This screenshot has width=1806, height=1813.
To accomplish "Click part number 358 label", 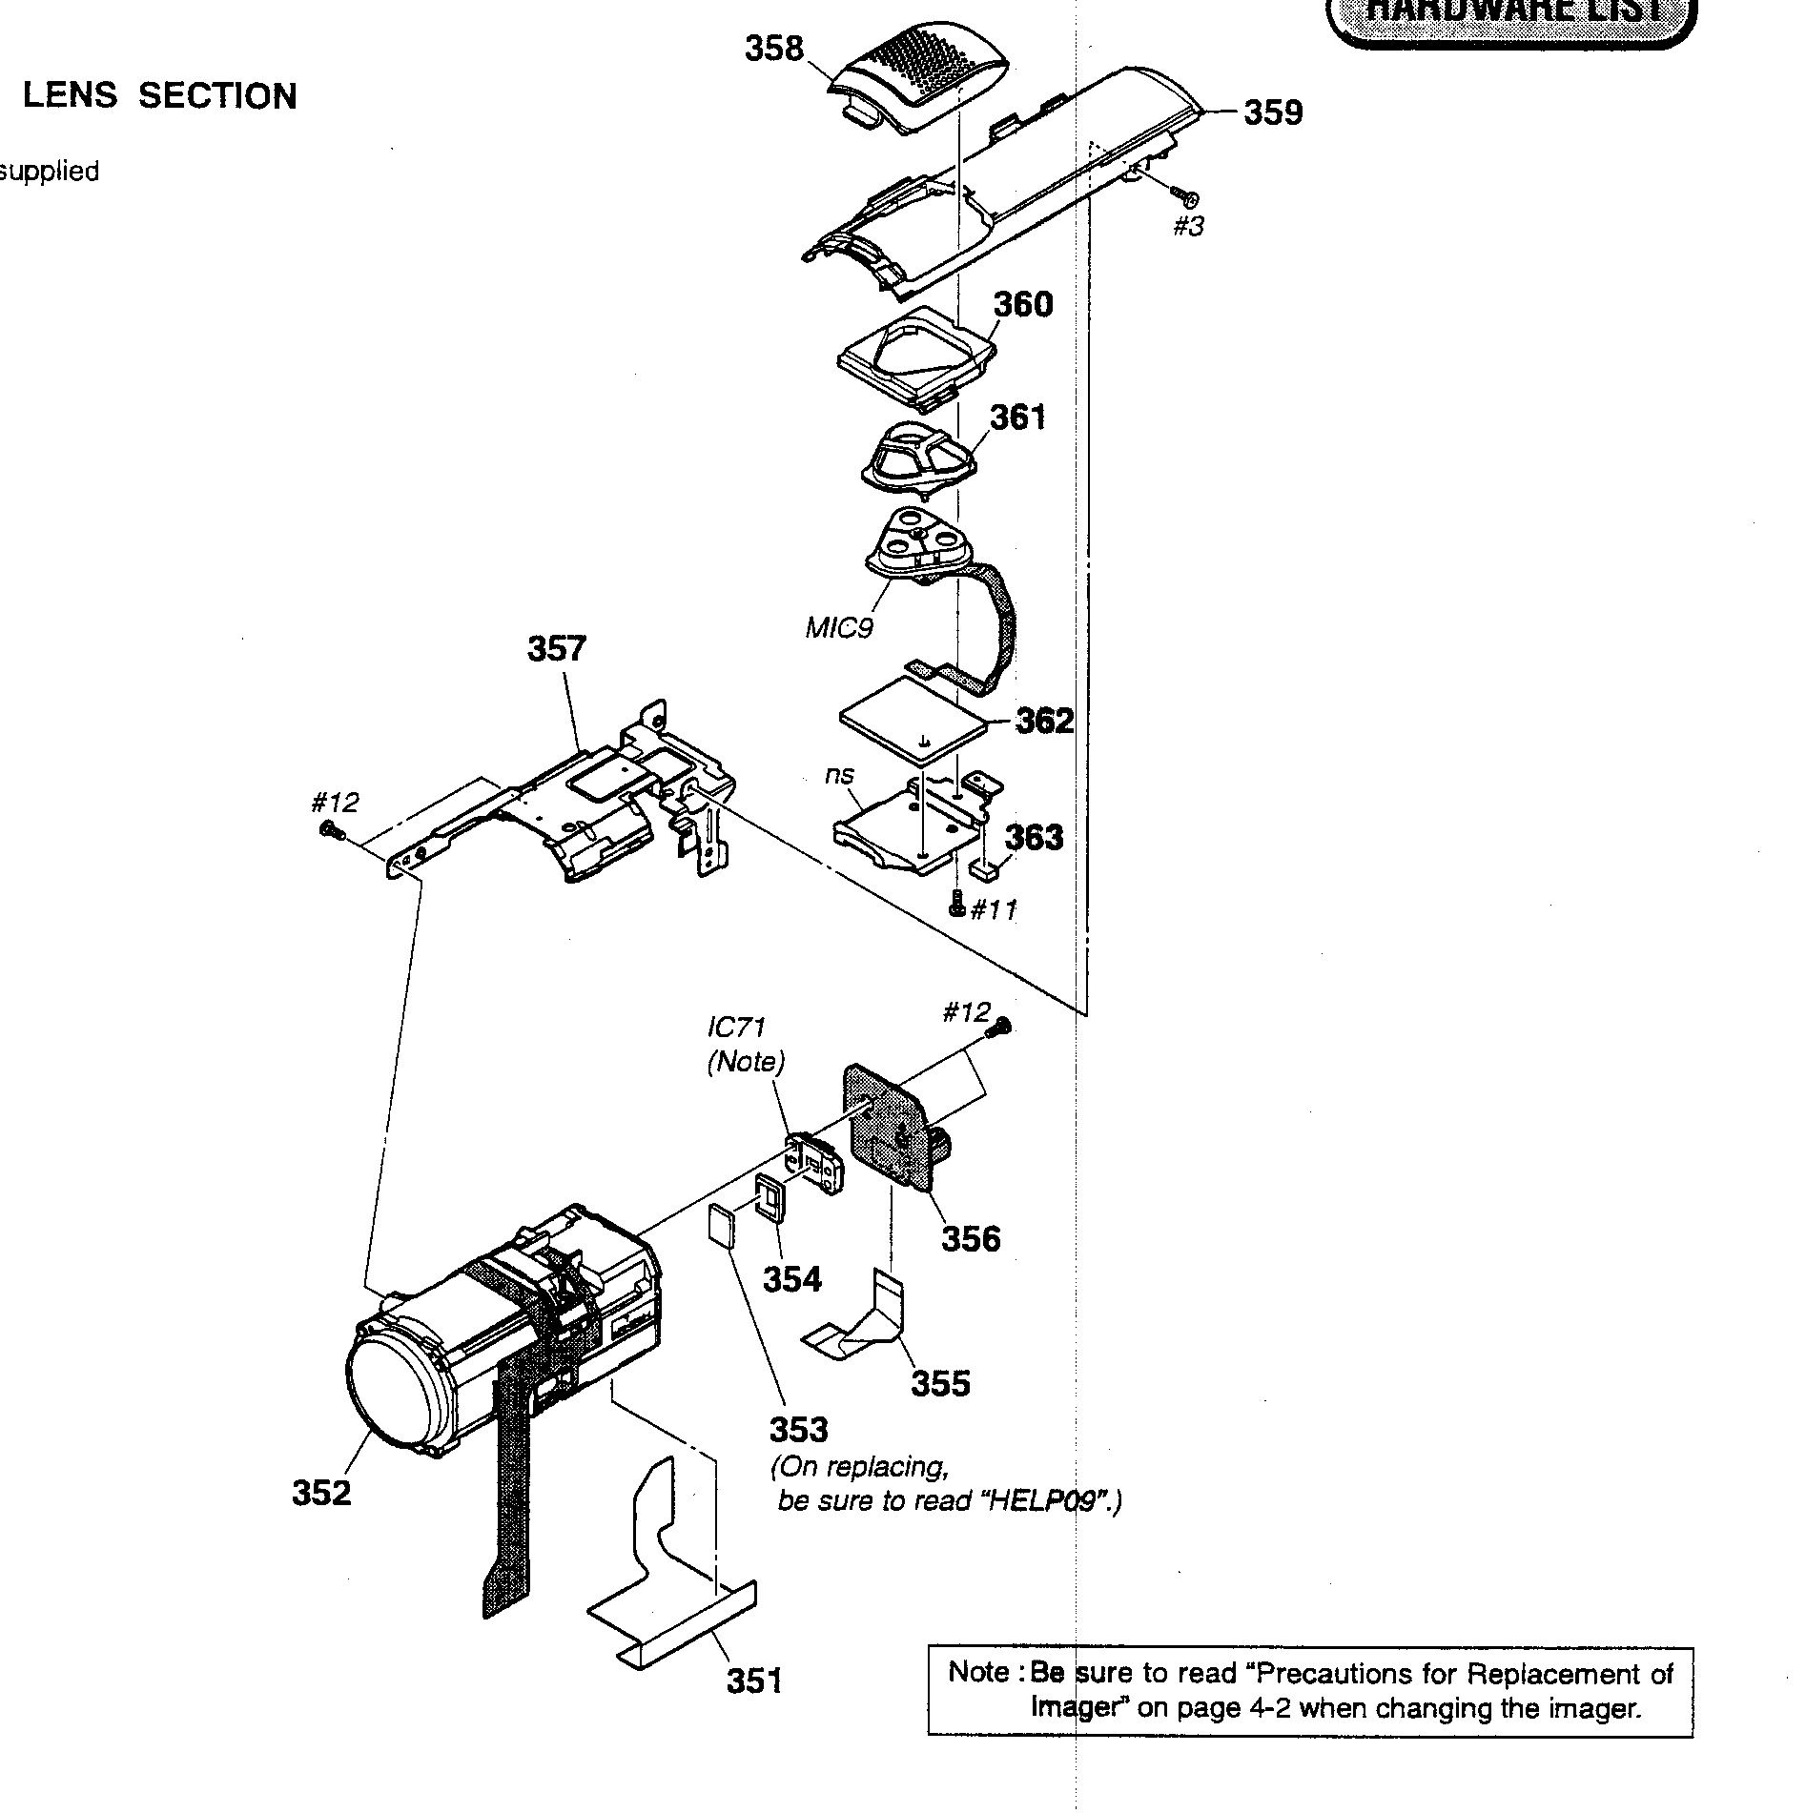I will [774, 48].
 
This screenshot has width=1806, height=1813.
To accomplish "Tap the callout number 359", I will [1273, 112].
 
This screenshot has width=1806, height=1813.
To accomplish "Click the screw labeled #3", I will [1186, 198].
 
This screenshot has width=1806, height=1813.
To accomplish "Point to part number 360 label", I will [1023, 305].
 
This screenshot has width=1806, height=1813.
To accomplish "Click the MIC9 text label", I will [839, 628].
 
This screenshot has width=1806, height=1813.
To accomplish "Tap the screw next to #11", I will [957, 906].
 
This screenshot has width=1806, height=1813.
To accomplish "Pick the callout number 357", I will [557, 649].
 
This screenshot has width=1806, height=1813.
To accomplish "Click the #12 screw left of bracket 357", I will [331, 832].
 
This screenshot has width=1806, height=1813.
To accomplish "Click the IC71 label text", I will [735, 1028].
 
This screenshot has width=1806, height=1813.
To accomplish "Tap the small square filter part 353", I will [722, 1226].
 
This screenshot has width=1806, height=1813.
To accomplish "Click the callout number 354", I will [791, 1278].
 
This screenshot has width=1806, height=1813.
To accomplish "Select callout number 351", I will [753, 1680].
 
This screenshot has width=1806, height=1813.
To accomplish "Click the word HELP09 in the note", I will [1048, 1501].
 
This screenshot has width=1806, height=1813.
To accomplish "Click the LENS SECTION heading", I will [159, 96].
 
